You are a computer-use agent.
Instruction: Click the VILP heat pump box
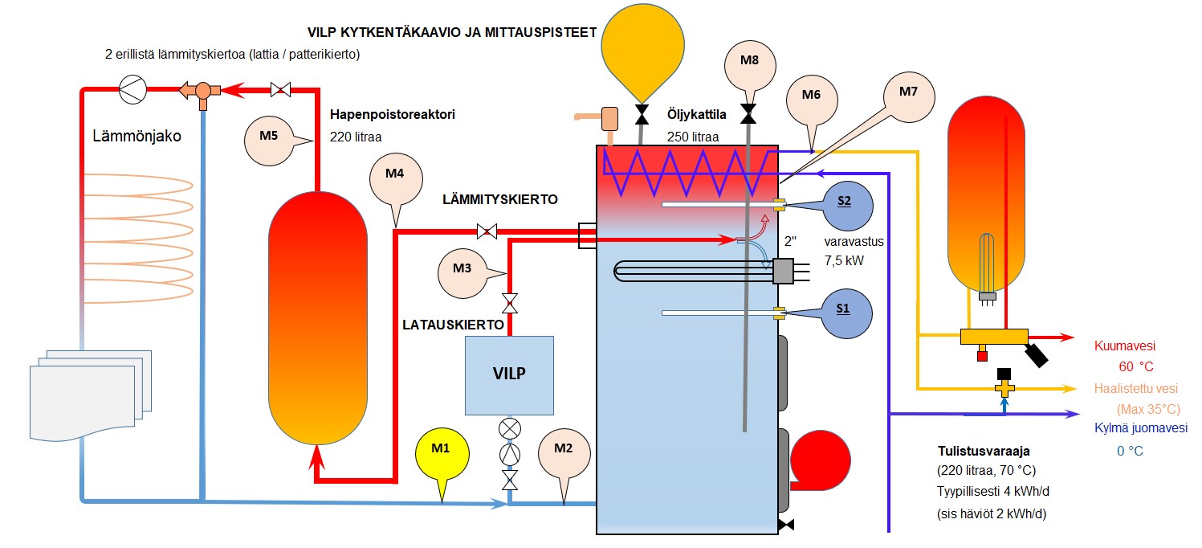coord(509,374)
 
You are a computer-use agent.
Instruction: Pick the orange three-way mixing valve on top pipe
coord(202,91)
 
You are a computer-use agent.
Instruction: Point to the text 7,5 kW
coord(845,259)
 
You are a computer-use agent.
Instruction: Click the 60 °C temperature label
coord(1135,366)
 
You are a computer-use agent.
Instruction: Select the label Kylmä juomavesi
coord(1140,428)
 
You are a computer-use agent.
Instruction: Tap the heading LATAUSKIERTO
coord(453,325)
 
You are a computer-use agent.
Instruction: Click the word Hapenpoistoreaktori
coord(393,115)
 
